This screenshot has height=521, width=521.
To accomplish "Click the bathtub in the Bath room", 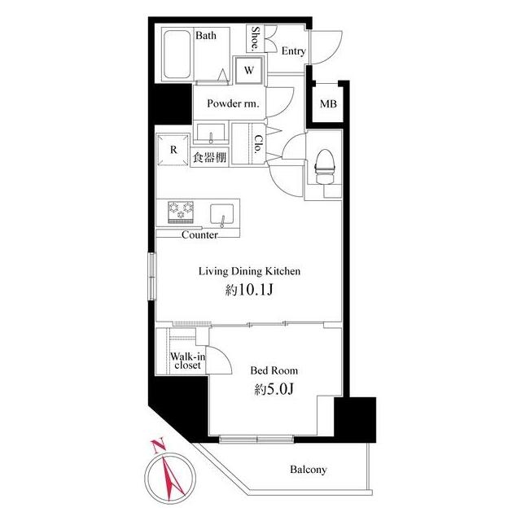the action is pyautogui.click(x=177, y=55).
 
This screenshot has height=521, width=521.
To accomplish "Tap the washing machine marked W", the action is pyautogui.click(x=249, y=70).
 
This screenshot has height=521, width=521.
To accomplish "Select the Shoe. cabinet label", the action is pyautogui.click(x=255, y=38).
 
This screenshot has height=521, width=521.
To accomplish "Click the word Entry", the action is pyautogui.click(x=293, y=51).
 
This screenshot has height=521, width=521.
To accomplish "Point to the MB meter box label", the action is pyautogui.click(x=328, y=104).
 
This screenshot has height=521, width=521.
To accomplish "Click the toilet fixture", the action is pyautogui.click(x=324, y=166).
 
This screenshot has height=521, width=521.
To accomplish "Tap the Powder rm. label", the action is pyautogui.click(x=233, y=103).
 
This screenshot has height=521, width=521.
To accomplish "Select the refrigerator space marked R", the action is pyautogui.click(x=173, y=150).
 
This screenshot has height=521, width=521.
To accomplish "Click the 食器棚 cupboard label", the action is pyautogui.click(x=209, y=157).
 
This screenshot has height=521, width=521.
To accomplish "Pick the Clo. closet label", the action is pyautogui.click(x=258, y=143).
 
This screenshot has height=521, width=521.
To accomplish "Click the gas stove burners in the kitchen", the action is pyautogui.click(x=181, y=212).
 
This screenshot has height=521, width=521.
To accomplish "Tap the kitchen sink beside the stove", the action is pyautogui.click(x=221, y=215).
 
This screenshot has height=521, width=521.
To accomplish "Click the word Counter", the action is pyautogui.click(x=199, y=235).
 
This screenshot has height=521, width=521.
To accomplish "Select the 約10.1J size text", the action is pyautogui.click(x=249, y=290).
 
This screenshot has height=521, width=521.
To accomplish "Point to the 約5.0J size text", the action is pyautogui.click(x=274, y=389).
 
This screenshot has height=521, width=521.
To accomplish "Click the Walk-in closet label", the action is pyautogui.click(x=188, y=361).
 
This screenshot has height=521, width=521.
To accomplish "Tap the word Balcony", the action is pyautogui.click(x=308, y=470).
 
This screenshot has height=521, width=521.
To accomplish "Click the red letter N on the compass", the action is pyautogui.click(x=158, y=445).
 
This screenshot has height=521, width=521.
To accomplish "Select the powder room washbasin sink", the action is pyautogui.click(x=211, y=134).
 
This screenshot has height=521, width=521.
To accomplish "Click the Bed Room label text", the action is pyautogui.click(x=274, y=370).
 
